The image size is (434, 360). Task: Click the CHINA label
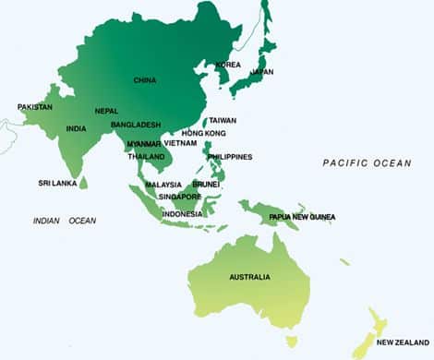(x=145, y=80)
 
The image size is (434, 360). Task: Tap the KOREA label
(x=228, y=65)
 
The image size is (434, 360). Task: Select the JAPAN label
(x=263, y=71)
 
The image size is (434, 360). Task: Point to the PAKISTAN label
(x=35, y=107)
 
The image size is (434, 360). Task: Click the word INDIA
(x=77, y=128)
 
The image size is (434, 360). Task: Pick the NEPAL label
(x=106, y=111)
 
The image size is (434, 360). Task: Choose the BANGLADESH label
(x=136, y=125)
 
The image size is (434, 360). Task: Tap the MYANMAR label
(x=144, y=143)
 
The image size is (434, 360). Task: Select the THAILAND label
(x=147, y=156)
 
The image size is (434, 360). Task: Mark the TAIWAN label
(x=223, y=120)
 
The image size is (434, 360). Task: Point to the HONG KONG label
(x=199, y=133)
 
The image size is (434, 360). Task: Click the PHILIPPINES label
(x=230, y=157)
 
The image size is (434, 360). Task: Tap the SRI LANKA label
(x=56, y=183)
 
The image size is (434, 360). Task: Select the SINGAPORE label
(x=179, y=197)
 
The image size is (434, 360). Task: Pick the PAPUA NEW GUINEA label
(x=302, y=217)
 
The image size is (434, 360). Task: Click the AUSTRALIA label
(x=249, y=277)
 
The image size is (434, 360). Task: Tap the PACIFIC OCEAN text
(x=367, y=162)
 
